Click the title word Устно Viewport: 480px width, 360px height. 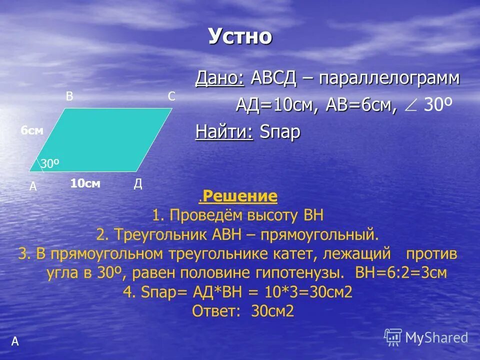pos(240,36)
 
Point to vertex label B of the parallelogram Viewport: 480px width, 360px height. pos(69,97)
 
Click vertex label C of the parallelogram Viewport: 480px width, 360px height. pos(171,97)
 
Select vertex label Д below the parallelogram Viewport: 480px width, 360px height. pos(138,184)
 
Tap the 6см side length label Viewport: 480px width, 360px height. pos(32,130)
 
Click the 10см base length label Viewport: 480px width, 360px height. pos(85,184)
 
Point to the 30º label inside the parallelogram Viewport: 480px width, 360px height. pos(50,163)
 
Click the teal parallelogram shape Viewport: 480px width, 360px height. pos(105,140)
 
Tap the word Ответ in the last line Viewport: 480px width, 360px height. pos(214,311)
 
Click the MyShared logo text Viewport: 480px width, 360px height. pos(436,337)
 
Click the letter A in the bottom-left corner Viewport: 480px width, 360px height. pos(15,341)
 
